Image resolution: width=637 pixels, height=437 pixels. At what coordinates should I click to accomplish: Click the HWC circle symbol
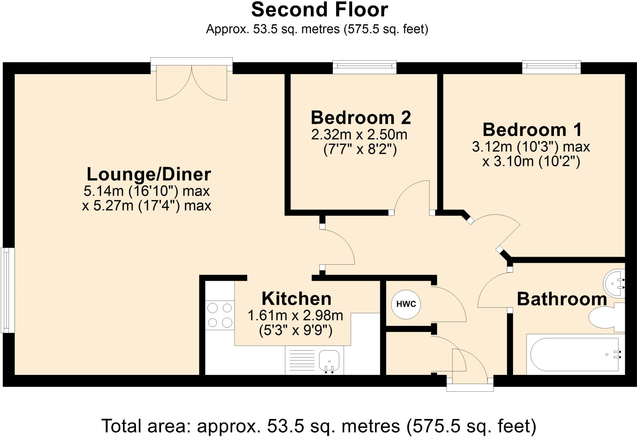406,304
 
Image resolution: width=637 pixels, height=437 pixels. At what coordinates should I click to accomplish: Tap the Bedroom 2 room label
361,118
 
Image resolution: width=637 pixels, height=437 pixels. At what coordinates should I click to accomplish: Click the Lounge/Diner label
149,174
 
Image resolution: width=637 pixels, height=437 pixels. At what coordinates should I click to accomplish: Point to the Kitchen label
296,298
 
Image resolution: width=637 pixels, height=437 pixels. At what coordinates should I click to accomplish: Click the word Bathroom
562,299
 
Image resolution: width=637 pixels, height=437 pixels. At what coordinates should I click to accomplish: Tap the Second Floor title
319,10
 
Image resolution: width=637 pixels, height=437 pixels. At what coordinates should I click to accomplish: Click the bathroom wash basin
614,283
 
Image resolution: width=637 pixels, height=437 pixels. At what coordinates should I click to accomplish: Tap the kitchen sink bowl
329,362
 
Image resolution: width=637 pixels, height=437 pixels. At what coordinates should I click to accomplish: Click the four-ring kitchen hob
220,315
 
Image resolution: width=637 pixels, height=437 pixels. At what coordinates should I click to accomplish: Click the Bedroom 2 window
365,67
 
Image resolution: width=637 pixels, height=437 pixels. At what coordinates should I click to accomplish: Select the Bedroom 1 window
551,67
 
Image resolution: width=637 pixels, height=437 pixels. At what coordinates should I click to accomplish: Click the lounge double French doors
192,79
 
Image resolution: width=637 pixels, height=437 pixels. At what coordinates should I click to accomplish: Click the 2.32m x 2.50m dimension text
359,135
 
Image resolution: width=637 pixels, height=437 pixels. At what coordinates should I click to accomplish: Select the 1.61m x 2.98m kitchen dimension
295,316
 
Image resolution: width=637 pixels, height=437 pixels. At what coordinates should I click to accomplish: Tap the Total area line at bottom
319,426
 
